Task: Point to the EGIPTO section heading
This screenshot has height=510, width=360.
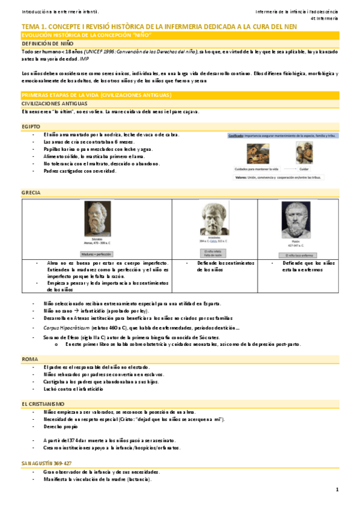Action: tap(31, 127)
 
